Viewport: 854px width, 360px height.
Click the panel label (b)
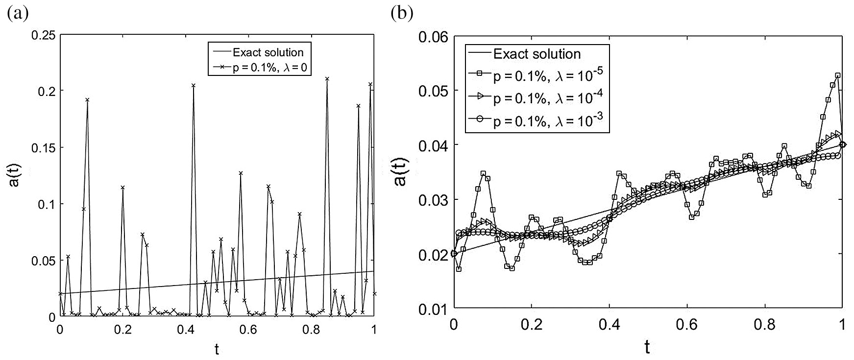[401, 13]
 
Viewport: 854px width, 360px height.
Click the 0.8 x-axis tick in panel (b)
[764, 324]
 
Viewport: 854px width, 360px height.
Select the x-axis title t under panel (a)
[217, 349]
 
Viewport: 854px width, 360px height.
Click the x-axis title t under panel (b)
[648, 347]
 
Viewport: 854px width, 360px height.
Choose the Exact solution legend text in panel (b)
[537, 53]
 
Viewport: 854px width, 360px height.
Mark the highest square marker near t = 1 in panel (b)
[837, 75]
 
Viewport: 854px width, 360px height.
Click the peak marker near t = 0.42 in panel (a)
[194, 85]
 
